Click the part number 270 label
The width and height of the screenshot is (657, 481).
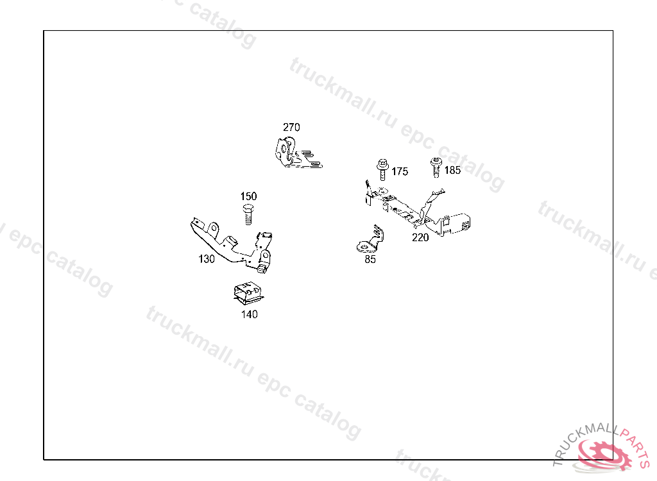(291, 127)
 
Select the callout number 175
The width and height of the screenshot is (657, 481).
(400, 171)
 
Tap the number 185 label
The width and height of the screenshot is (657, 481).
(452, 170)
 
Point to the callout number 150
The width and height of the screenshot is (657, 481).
(248, 196)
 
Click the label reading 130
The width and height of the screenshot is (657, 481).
(207, 259)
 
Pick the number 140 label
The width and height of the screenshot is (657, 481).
(250, 314)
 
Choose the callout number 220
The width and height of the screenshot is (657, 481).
(420, 237)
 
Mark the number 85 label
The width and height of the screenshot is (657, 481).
(370, 259)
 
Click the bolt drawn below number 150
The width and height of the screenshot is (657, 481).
(248, 214)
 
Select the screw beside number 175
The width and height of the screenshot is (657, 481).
(382, 169)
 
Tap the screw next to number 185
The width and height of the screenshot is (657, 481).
(436, 167)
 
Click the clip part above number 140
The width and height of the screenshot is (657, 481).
(248, 293)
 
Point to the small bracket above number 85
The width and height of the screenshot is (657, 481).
(371, 239)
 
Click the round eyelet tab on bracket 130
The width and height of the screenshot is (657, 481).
(213, 228)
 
